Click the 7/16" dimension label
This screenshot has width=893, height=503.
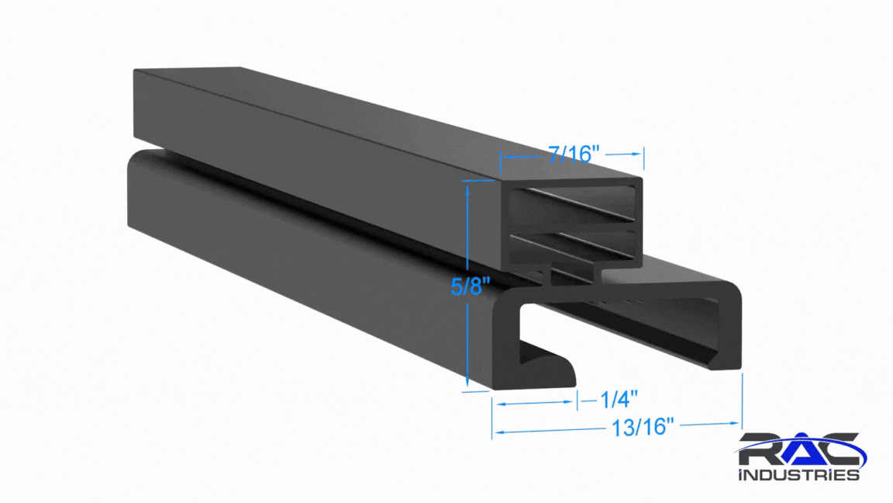pyautogui.click(x=574, y=154)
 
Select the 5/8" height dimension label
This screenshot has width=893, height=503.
pyautogui.click(x=470, y=286)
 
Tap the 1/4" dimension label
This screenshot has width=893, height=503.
pyautogui.click(x=619, y=399)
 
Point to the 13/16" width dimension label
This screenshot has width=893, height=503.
pyautogui.click(x=643, y=427)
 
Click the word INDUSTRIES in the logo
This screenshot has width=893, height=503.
pyautogui.click(x=798, y=474)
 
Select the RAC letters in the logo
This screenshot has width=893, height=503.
pyautogui.click(x=800, y=449)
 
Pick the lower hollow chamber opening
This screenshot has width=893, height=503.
pyautogui.click(x=572, y=246)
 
